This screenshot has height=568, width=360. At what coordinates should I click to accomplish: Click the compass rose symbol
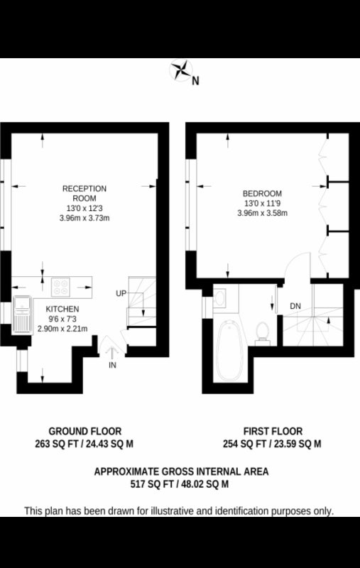point(181,70)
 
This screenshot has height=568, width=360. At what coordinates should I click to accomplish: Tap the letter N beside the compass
point(195,80)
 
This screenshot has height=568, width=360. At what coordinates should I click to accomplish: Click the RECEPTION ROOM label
point(84,193)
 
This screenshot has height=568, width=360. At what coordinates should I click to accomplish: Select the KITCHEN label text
point(62,309)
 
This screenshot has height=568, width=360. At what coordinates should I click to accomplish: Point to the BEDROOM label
point(262,193)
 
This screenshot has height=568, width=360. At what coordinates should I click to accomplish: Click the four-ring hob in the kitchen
point(60,287)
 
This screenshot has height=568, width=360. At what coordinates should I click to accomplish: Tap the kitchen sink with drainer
point(23,315)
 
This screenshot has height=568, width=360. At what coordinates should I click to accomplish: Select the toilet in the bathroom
point(262,333)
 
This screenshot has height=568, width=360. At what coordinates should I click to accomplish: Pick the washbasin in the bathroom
point(219,297)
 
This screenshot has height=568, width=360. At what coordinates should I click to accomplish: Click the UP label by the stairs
point(121,293)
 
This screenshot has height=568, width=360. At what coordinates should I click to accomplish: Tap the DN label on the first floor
point(295,306)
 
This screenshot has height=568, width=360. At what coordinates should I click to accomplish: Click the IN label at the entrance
point(112,365)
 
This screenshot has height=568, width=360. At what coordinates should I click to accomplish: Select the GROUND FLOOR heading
point(85,432)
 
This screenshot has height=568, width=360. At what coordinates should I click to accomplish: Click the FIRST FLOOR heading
point(273,432)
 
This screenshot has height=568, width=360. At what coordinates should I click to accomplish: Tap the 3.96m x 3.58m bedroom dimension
point(262,213)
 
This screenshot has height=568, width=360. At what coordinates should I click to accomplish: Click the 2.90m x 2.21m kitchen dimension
point(62,329)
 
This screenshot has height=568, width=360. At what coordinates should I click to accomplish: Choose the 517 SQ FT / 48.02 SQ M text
point(180,484)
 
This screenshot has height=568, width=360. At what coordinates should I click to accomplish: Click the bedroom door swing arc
point(292,260)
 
